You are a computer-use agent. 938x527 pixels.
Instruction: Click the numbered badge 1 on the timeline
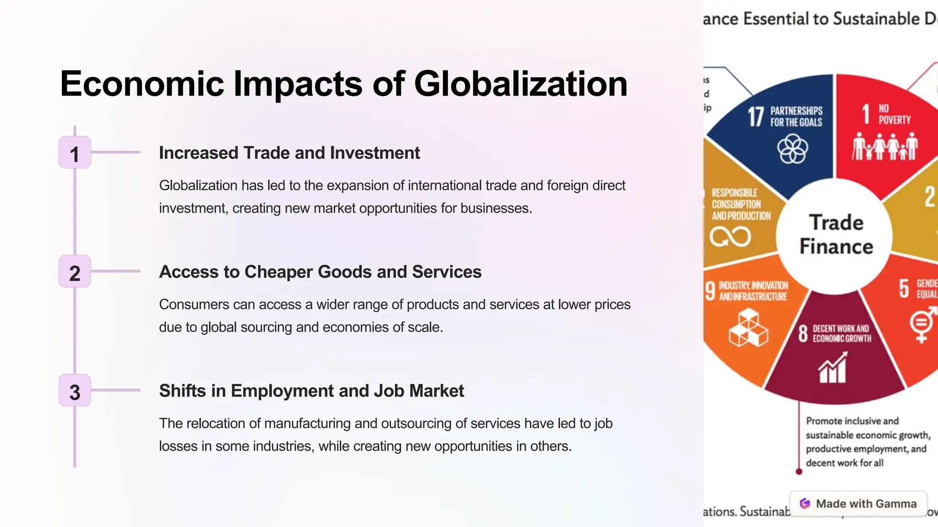(75, 153)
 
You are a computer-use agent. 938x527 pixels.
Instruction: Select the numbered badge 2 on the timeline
(75, 272)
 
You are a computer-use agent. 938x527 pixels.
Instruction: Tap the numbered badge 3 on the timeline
(75, 391)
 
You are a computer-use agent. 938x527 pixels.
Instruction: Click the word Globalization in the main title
(520, 84)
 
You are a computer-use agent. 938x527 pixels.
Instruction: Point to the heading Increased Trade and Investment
(289, 153)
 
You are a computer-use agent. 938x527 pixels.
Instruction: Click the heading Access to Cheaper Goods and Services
(320, 272)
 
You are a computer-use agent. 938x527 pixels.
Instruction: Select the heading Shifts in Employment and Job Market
(311, 391)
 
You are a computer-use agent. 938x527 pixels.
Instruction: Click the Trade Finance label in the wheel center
(836, 234)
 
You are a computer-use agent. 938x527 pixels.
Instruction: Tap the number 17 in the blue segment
(756, 117)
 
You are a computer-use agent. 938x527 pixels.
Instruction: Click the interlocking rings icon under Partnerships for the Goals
(793, 149)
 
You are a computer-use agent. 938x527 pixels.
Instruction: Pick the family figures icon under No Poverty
(884, 146)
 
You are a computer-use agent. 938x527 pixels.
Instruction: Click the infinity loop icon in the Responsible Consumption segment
(730, 237)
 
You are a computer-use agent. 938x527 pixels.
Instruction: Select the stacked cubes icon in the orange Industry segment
(748, 328)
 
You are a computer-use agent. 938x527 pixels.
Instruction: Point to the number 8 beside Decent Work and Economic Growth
(803, 333)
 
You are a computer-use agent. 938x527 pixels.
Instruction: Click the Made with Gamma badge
(858, 504)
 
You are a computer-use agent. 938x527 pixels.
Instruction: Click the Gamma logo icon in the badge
(805, 504)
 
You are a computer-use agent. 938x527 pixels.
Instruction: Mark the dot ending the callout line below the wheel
(799, 472)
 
